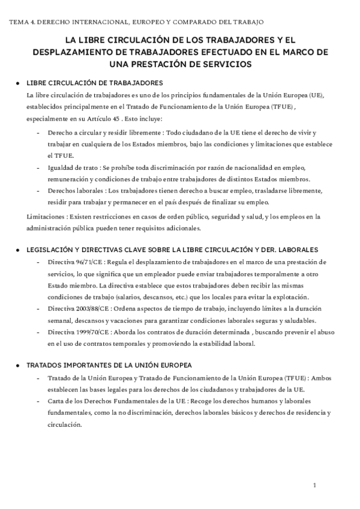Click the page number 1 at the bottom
tap(315, 484)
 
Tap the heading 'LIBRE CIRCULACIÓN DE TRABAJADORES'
tap(94, 83)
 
